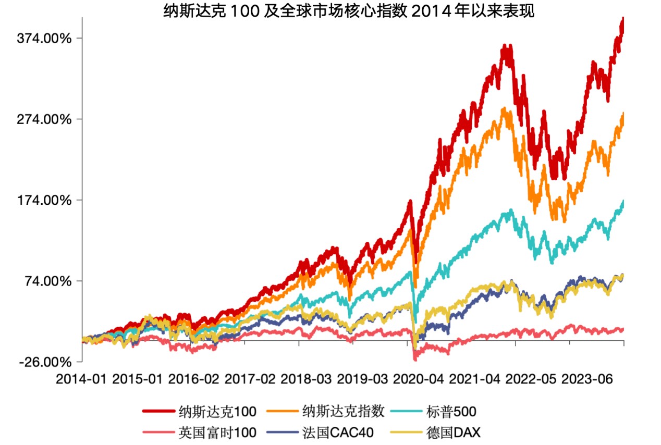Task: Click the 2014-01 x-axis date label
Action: [x=82, y=379]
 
